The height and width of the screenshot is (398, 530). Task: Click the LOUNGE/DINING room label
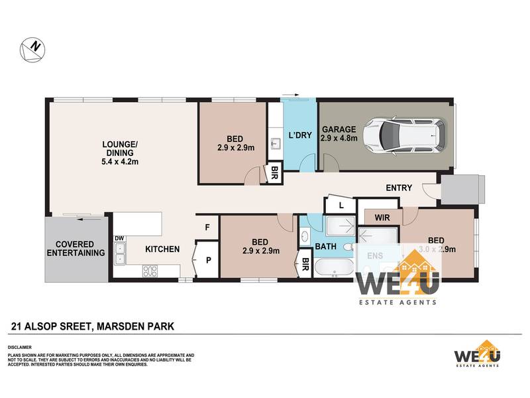coord(120,152)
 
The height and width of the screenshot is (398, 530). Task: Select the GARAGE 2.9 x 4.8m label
coord(339,134)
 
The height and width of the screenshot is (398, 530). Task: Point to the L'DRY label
coord(300,135)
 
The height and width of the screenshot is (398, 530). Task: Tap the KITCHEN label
coord(162,249)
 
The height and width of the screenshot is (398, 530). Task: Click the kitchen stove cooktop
coord(150,270)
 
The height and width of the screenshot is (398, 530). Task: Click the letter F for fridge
coord(207,228)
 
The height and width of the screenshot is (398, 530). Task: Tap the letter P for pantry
coord(207,260)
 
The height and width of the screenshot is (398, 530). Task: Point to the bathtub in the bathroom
coord(334,268)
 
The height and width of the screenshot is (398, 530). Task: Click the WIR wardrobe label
coord(381,218)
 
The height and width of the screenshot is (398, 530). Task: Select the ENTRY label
coord(399,188)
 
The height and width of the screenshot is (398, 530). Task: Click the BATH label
coord(326,247)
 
